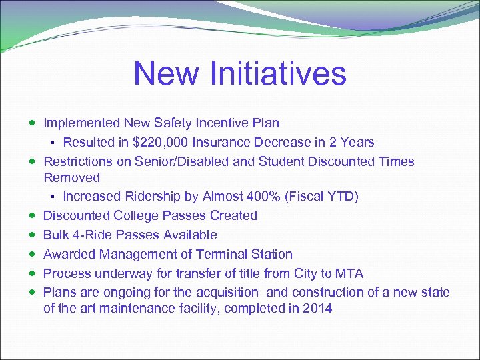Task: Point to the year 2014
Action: (x=317, y=309)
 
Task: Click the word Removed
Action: (x=71, y=178)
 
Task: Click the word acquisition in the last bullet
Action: (x=223, y=293)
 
